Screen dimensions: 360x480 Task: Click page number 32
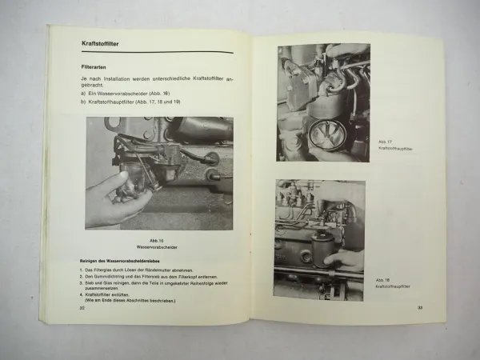tap(82, 306)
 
